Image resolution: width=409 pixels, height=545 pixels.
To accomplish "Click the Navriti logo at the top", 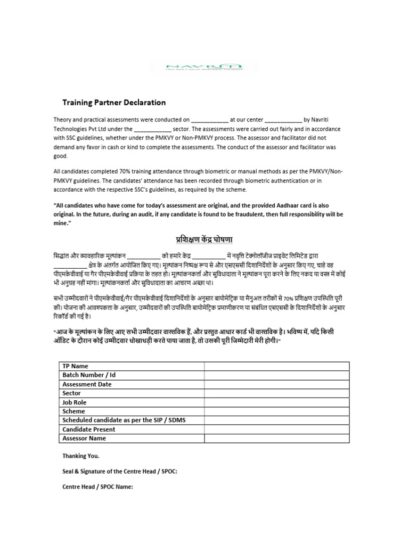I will (x=204, y=67).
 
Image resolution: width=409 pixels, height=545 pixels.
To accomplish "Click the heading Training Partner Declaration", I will (x=114, y=102).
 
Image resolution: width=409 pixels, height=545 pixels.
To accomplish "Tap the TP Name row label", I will (x=76, y=366).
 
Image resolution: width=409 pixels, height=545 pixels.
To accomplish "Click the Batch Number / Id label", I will (x=89, y=375).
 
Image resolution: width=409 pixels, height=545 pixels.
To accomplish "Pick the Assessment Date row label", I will (x=87, y=384).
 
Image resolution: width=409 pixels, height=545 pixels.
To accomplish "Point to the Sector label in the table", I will (x=72, y=393).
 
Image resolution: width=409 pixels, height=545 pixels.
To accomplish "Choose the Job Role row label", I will (x=74, y=402).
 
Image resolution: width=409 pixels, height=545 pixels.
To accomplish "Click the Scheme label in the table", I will (x=74, y=411).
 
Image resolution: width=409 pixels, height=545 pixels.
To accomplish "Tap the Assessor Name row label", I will (x=84, y=439).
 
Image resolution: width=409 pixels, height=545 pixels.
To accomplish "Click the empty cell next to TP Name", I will (x=276, y=366).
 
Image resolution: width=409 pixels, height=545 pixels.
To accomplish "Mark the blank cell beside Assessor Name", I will (x=276, y=439).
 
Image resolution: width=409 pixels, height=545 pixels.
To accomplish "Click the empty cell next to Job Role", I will (x=276, y=402).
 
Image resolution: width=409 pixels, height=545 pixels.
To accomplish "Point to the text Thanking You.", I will (x=81, y=456).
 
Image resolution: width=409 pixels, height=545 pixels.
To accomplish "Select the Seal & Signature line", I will (x=120, y=472).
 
